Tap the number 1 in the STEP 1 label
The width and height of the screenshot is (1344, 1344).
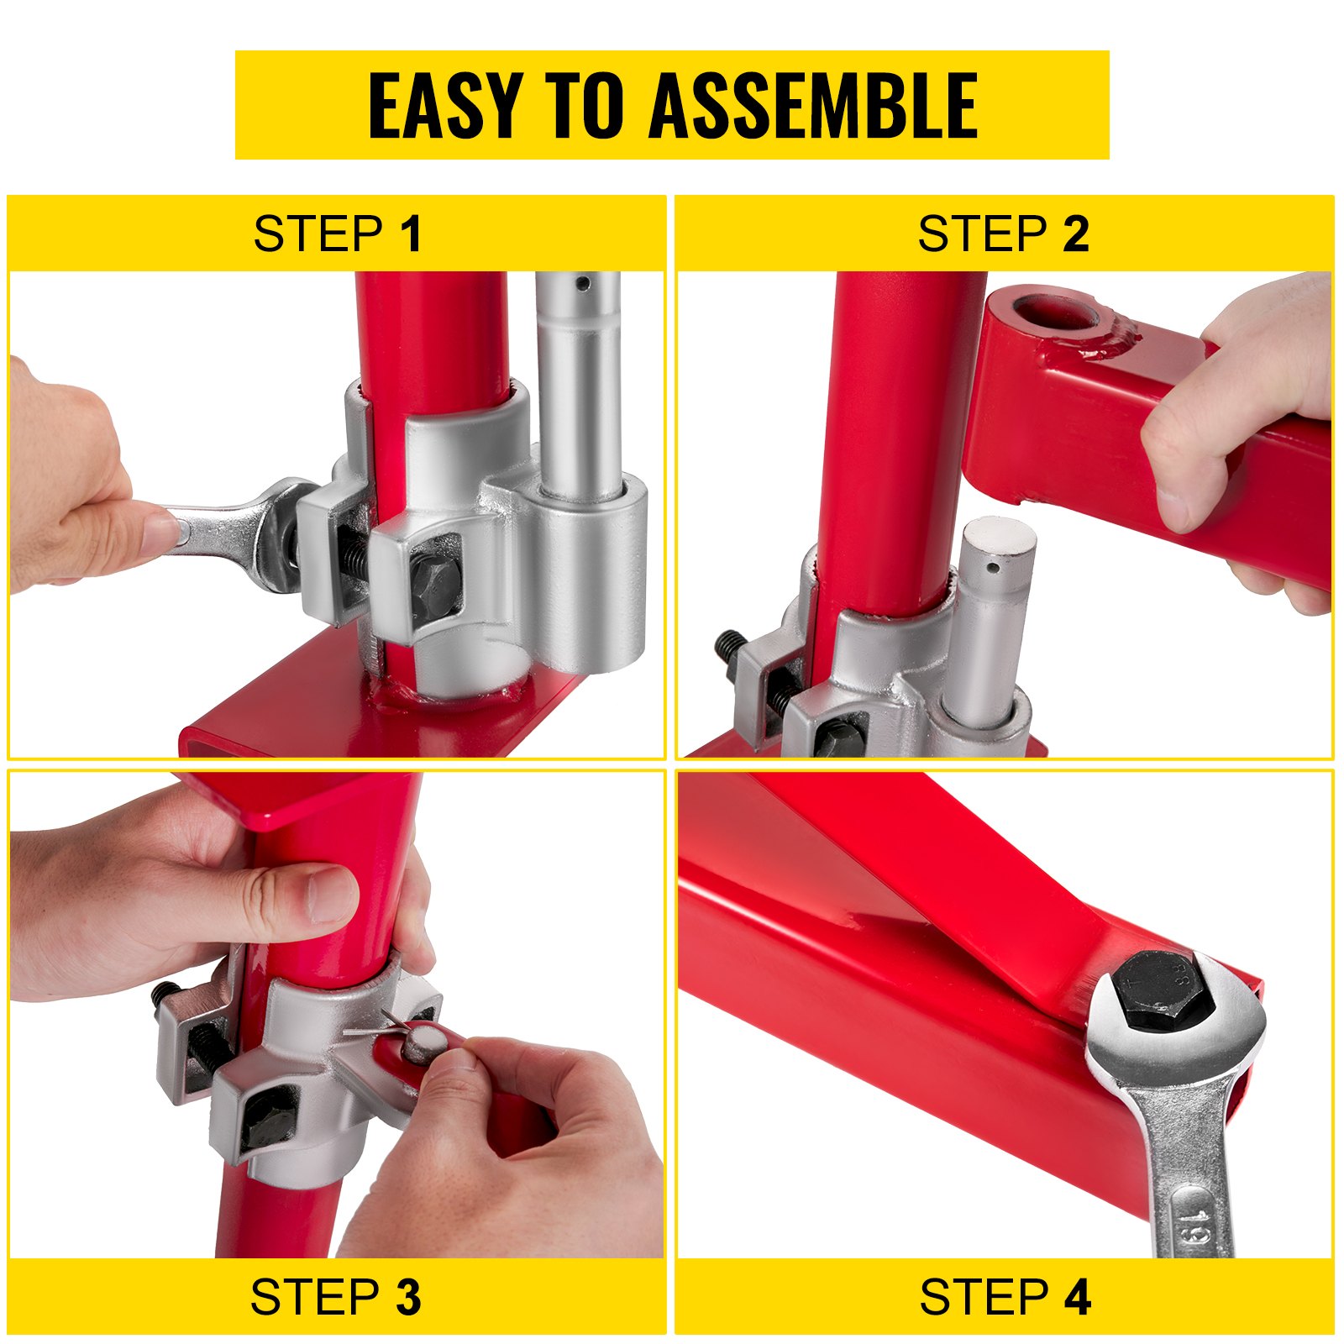(411, 234)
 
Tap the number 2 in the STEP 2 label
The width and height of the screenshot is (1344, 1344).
(1075, 234)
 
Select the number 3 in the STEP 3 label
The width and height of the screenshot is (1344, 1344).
(408, 1297)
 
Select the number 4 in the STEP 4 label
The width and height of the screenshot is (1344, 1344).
(1076, 1297)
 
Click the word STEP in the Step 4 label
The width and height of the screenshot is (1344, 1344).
(984, 1297)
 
